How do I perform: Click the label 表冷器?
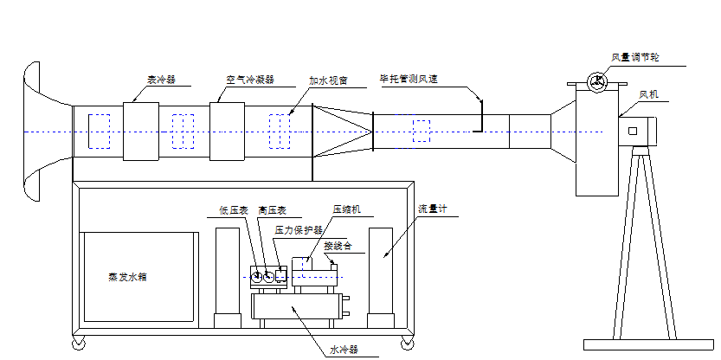[162, 79]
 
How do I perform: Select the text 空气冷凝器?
[250, 79]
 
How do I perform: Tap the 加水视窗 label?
[328, 80]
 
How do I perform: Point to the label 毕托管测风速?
[409, 79]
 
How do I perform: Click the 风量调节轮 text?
[635, 57]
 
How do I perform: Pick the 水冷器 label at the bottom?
[344, 350]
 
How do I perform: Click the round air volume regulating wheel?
[596, 82]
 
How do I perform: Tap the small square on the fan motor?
[632, 132]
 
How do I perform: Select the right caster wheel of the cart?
[407, 343]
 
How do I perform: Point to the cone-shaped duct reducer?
[342, 132]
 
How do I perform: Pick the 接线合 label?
[338, 246]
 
